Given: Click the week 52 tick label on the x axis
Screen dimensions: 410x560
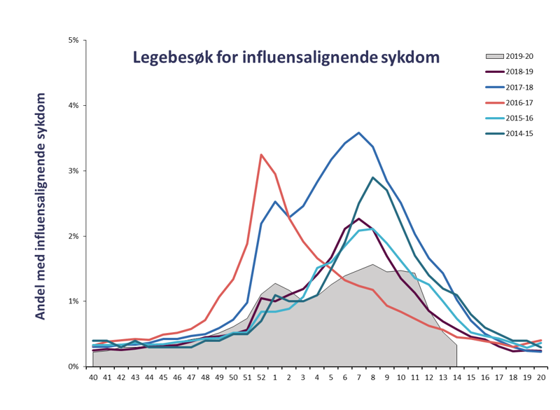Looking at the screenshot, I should coord(261,377).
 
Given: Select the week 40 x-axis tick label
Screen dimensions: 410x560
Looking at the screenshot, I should coord(93,377).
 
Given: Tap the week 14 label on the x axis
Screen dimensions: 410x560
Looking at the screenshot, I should coord(457,377).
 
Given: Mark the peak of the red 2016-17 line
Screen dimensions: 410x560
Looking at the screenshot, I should coord(261,155).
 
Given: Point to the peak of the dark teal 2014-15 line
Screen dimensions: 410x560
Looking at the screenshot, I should coord(373,177).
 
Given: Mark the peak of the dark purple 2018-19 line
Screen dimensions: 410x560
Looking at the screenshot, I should coord(359,219).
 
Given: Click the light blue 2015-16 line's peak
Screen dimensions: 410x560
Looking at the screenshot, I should coord(372,228).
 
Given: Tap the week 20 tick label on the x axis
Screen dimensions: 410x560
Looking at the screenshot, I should coord(541,377).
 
